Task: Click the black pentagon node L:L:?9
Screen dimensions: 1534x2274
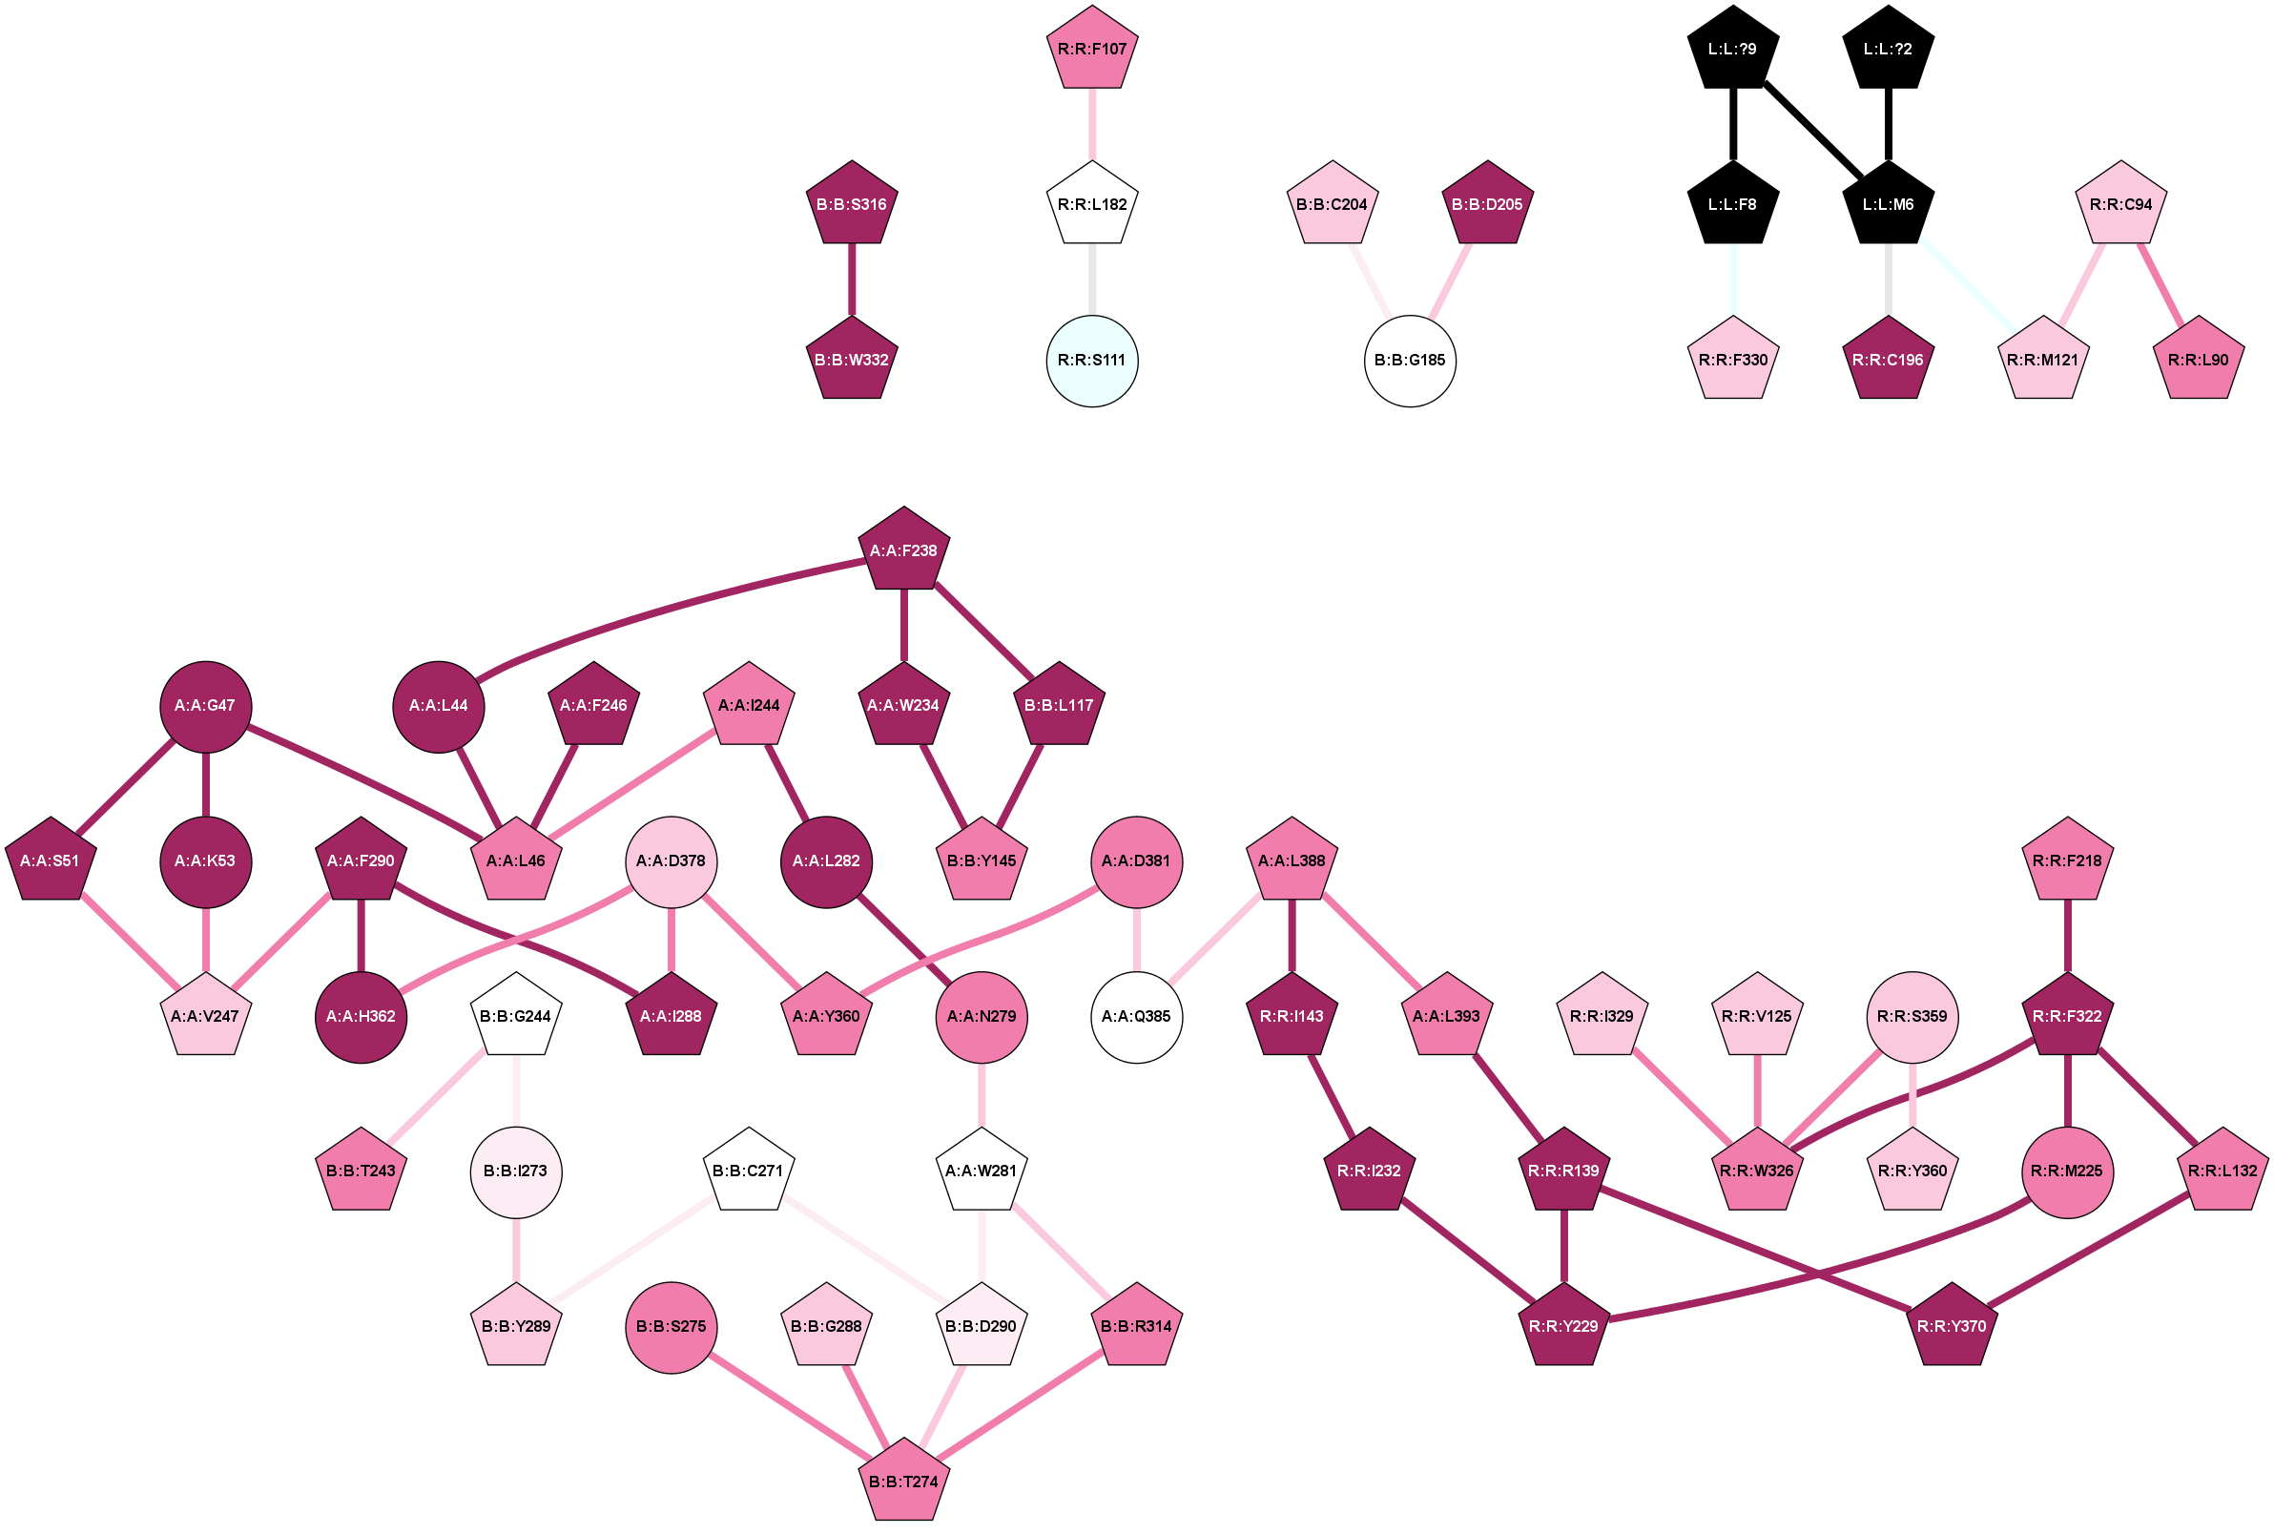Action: tap(1732, 49)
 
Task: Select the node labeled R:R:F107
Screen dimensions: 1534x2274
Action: tap(1091, 49)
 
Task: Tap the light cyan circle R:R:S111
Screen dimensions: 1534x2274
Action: tap(1091, 360)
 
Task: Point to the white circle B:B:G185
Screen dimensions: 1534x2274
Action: tap(1410, 360)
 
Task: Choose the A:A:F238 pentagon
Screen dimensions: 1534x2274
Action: tap(903, 550)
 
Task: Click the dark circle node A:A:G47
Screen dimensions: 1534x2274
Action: tap(205, 705)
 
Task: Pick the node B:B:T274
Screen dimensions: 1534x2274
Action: tap(903, 1482)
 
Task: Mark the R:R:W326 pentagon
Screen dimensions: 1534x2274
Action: tap(1757, 1171)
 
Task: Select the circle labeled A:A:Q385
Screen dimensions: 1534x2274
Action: tap(1135, 1017)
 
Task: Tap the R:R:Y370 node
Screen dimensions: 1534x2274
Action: tap(1952, 1327)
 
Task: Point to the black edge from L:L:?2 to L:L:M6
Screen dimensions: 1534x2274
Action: tap(1888, 124)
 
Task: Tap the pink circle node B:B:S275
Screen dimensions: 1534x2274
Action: tap(672, 1327)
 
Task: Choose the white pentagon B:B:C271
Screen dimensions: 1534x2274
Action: tap(748, 1171)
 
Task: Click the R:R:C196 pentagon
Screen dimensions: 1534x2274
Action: tap(1888, 360)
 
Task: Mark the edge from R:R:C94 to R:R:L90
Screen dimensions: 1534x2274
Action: tap(2160, 281)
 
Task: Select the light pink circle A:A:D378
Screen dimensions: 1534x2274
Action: tap(672, 860)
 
